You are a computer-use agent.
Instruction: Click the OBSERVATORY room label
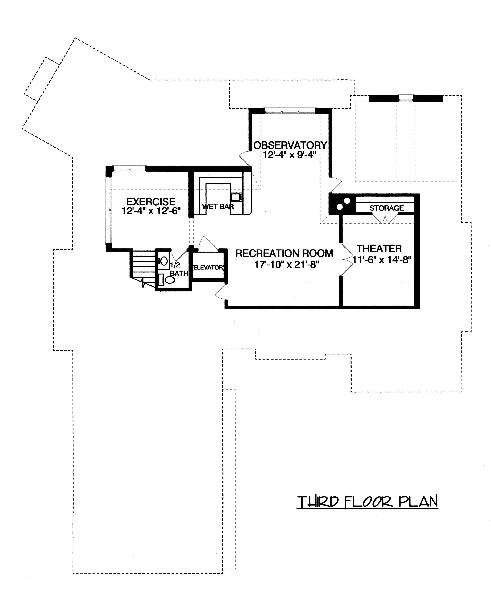click(x=290, y=145)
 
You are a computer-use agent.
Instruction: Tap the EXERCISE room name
click(x=151, y=202)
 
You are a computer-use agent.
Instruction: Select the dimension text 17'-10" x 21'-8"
click(x=286, y=265)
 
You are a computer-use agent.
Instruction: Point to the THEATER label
click(x=379, y=248)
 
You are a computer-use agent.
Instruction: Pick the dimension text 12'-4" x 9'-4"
click(x=289, y=155)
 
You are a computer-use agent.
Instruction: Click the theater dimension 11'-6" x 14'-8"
click(x=382, y=259)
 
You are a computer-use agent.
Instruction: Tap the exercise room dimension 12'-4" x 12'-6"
click(x=151, y=211)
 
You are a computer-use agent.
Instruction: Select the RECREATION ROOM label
click(x=284, y=253)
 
